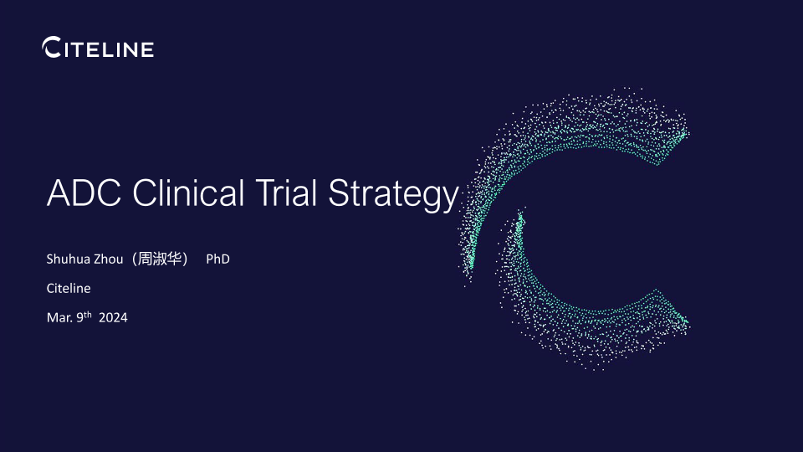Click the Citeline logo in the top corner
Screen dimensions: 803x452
(x=98, y=47)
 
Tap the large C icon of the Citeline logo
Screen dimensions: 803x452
(x=51, y=47)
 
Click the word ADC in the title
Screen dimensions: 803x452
(x=84, y=193)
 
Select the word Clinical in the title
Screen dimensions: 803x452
(x=188, y=193)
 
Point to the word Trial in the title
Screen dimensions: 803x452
(x=286, y=193)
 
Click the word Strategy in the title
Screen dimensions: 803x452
(x=393, y=195)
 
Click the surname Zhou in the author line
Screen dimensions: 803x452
(x=109, y=259)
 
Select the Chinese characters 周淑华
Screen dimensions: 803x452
(x=160, y=259)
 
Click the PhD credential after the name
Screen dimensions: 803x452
(x=217, y=259)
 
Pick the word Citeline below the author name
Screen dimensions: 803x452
(x=69, y=288)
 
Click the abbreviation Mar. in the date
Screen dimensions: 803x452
(x=60, y=318)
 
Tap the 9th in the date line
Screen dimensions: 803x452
(x=84, y=316)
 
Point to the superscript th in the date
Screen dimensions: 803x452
(x=88, y=314)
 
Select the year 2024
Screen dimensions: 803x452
(x=113, y=318)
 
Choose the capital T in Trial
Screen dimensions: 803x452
(x=266, y=193)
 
